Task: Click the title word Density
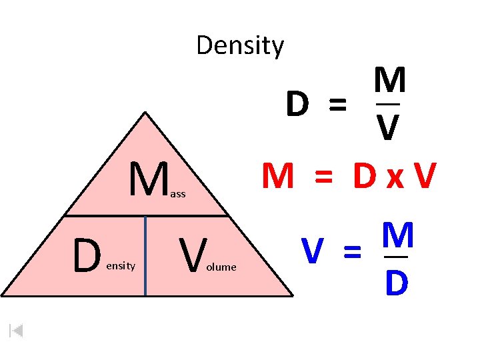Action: click(240, 46)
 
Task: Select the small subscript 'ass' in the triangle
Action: click(178, 194)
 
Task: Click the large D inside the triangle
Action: click(87, 257)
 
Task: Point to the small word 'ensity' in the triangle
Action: click(121, 266)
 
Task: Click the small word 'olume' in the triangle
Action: click(221, 267)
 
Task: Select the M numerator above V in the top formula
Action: click(389, 81)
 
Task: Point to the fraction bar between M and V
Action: click(388, 103)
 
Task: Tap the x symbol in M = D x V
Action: click(392, 178)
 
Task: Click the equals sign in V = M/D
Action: click(351, 252)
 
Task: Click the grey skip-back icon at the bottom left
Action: click(17, 330)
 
